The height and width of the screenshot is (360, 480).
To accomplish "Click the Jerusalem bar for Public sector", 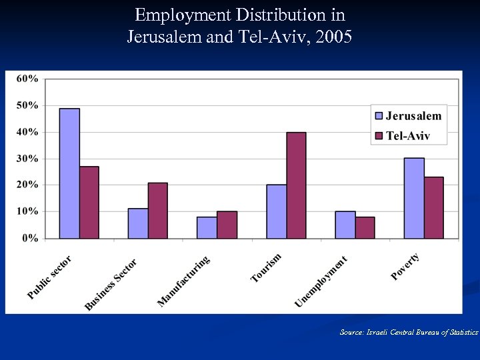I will [69, 173].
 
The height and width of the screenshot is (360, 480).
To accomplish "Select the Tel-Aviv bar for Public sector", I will [89, 203].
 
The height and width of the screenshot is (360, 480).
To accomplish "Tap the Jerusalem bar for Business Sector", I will [138, 223].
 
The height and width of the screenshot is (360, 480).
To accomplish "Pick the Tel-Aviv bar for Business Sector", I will [158, 211].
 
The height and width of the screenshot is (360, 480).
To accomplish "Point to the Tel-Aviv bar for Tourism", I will [296, 185].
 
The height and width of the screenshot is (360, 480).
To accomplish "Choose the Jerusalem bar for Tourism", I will [276, 211].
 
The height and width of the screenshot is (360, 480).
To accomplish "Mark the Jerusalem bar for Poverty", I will [414, 198].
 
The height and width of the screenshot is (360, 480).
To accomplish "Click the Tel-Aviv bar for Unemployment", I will [365, 227].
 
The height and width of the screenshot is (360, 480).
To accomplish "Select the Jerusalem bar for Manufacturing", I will [207, 227].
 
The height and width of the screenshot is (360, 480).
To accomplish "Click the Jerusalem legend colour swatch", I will [379, 116].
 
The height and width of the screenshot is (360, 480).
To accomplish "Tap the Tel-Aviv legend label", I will [408, 136].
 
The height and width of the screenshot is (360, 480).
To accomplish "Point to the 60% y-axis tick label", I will [27, 79].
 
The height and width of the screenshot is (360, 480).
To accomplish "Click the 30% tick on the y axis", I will [27, 159].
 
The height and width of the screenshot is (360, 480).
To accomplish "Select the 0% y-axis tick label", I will [29, 238].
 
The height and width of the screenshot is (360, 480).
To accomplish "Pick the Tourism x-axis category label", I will [266, 267].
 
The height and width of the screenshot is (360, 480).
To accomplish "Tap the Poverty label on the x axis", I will [405, 266].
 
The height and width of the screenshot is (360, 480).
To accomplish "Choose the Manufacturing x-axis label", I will [183, 281].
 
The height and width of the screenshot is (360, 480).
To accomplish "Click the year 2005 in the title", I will [335, 36].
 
